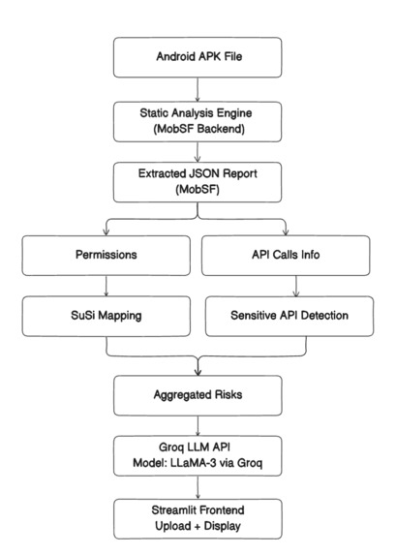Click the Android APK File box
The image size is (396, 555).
[198, 55]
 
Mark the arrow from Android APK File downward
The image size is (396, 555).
[198, 90]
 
